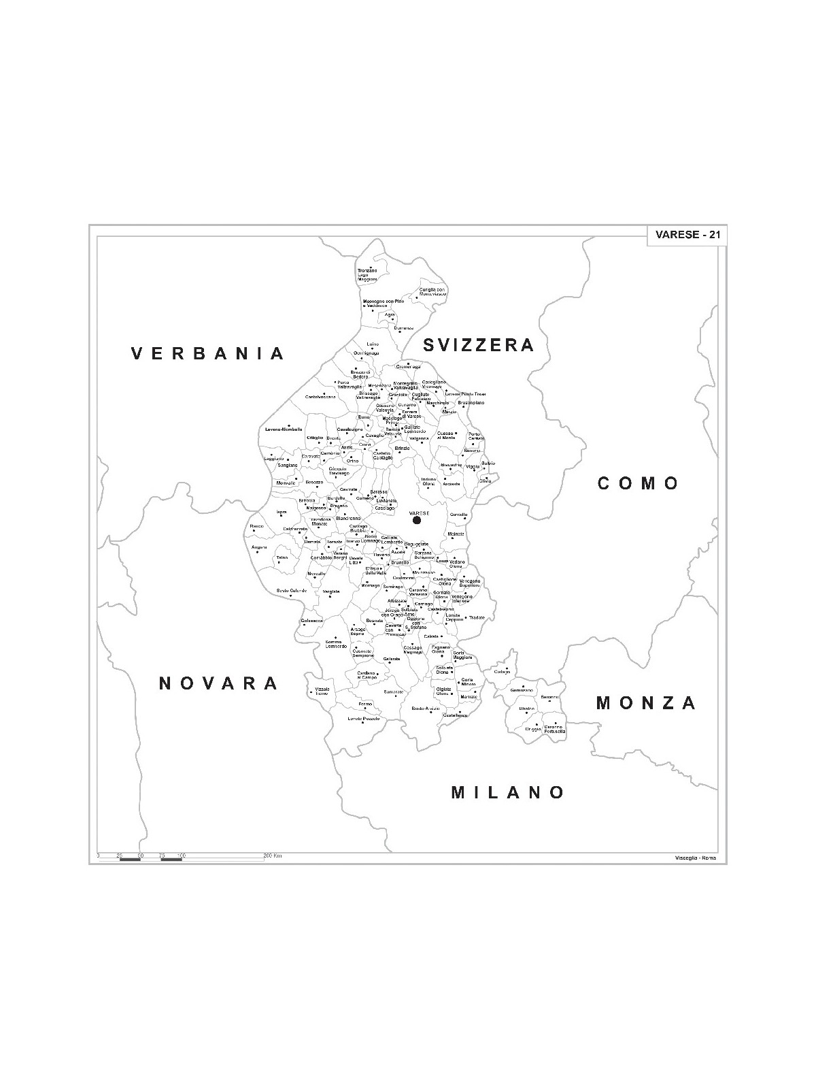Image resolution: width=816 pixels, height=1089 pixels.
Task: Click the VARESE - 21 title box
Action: [686, 235]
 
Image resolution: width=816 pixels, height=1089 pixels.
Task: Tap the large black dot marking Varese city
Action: [417, 521]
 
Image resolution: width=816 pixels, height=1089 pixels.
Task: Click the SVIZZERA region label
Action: [479, 345]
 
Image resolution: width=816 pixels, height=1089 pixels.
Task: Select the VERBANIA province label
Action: [208, 353]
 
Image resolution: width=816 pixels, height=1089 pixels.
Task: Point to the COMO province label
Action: [639, 483]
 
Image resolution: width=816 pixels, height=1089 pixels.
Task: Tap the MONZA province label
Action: [646, 703]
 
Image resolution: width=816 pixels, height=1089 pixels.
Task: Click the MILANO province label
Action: [508, 792]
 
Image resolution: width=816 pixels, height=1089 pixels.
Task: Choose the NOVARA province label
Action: [218, 683]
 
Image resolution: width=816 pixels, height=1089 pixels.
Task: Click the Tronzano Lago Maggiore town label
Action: [367, 275]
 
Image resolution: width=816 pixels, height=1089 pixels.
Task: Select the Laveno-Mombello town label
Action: [284, 429]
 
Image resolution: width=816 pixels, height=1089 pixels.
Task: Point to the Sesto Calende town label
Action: [292, 591]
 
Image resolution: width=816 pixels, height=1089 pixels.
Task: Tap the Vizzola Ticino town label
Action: [322, 691]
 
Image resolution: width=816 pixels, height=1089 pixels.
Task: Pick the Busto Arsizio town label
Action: [425, 709]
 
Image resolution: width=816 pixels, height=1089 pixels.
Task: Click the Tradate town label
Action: [476, 618]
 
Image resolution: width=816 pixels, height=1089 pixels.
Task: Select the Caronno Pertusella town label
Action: [554, 729]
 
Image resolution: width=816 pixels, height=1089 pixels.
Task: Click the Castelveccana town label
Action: [320, 397]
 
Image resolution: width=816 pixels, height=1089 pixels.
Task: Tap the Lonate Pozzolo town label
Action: [364, 719]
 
